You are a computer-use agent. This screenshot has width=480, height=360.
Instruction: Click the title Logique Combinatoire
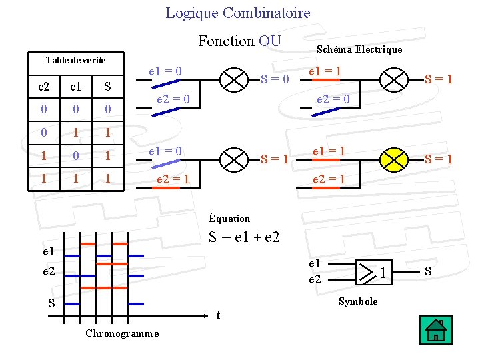pyautogui.click(x=237, y=13)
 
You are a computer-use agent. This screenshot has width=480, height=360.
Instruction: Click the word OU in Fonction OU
pyautogui.click(x=270, y=41)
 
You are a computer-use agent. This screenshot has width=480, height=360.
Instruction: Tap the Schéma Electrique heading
pyautogui.click(x=359, y=49)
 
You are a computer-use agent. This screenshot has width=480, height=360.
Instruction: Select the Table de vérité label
pyautogui.click(x=75, y=60)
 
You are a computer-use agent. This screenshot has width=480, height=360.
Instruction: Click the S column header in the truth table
pyautogui.click(x=107, y=87)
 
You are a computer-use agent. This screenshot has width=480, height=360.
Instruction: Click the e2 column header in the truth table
pyautogui.click(x=43, y=87)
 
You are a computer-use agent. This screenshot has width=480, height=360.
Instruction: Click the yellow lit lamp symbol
pyautogui.click(x=393, y=158)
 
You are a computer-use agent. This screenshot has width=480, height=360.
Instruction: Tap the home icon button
pyautogui.click(x=437, y=329)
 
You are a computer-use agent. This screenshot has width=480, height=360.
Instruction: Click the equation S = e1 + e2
pyautogui.click(x=244, y=237)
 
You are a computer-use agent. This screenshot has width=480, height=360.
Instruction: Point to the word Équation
pyautogui.click(x=229, y=219)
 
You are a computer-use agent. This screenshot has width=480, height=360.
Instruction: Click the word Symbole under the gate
pyautogui.click(x=358, y=301)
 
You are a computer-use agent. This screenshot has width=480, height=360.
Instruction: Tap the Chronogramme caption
pyautogui.click(x=122, y=333)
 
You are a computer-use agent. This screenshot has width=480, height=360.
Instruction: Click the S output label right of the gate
pyautogui.click(x=428, y=271)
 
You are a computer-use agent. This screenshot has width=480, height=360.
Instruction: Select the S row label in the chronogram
pyautogui.click(x=51, y=303)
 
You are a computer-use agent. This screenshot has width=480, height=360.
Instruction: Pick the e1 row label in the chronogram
pyautogui.click(x=48, y=252)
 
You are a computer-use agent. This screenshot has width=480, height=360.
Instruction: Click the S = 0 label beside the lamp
pyautogui.click(x=275, y=79)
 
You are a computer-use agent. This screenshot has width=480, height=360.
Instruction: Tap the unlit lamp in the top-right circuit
pyautogui.click(x=393, y=79)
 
